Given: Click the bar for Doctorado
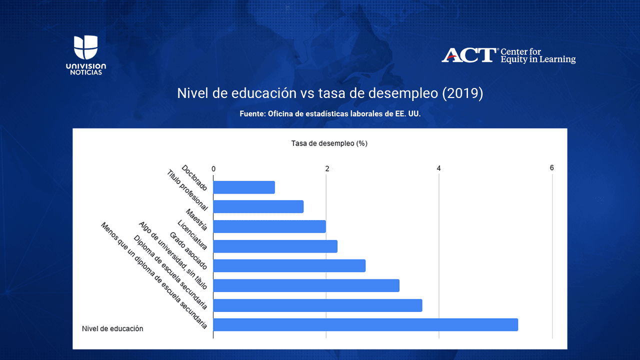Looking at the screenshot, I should click(x=244, y=187).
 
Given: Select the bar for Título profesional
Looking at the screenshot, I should click(x=258, y=206).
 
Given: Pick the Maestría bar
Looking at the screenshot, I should click(x=269, y=226).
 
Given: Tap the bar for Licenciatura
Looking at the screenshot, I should click(x=275, y=246).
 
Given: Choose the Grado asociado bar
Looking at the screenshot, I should click(x=289, y=265).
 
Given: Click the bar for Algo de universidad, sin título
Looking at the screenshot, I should click(x=306, y=285).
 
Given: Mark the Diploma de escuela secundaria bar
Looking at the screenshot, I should click(x=317, y=305).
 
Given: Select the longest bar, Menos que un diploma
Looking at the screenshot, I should click(x=365, y=324).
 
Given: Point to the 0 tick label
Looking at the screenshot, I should click(x=213, y=168).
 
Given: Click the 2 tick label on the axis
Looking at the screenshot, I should click(x=327, y=168).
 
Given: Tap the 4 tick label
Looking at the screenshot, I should click(x=439, y=168).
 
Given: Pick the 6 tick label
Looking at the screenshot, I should click(x=552, y=168).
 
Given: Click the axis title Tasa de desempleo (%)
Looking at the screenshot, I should click(x=329, y=143).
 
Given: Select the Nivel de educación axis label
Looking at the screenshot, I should click(x=112, y=328).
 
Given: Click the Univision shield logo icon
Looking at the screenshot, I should click(x=85, y=48).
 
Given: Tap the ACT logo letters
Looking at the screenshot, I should click(x=468, y=55).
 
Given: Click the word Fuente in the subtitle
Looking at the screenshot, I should click(x=252, y=114).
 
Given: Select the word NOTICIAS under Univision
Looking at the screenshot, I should click(x=85, y=72).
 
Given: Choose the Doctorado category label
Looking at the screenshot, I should click(x=194, y=177).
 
